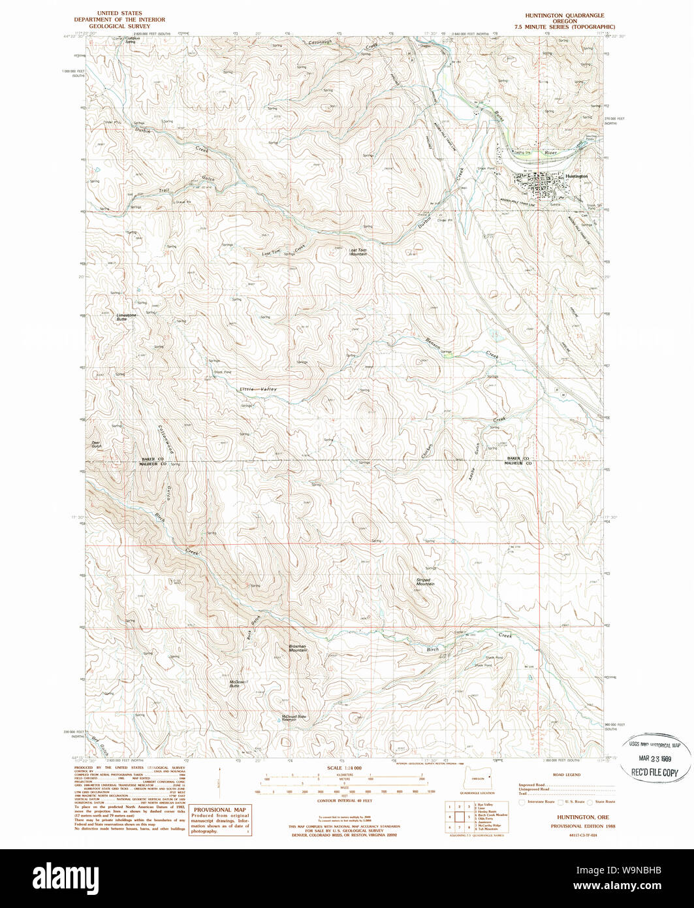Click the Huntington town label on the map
click(x=577, y=176)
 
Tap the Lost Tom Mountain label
click(x=358, y=251)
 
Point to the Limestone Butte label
click(x=126, y=317)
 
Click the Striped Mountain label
click(x=425, y=581)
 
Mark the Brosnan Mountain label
click(x=298, y=649)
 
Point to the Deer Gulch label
click(x=97, y=444)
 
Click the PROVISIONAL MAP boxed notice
click(x=219, y=820)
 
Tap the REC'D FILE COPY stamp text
click(x=654, y=772)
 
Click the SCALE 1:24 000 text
click(x=344, y=768)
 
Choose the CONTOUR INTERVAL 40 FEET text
click(x=344, y=800)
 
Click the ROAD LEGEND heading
click(x=565, y=775)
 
